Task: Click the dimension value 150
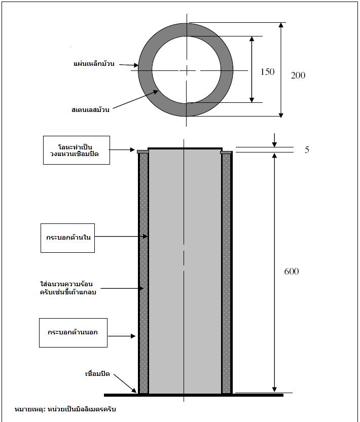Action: [267, 72]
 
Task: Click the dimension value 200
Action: [298, 75]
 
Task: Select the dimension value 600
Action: [291, 272]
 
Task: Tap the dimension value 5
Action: [307, 150]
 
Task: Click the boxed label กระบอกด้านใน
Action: [68, 237]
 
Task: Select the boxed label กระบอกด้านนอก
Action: [73, 332]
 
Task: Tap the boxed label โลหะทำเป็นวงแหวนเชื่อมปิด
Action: [76, 149]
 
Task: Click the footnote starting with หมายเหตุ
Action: [65, 409]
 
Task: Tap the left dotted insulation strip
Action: [143, 274]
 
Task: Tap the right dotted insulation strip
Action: [226, 274]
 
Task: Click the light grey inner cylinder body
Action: [185, 274]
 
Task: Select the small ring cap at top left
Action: [142, 151]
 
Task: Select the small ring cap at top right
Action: [226, 151]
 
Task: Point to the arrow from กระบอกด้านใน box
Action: [122, 237]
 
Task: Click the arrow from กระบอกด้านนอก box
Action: [122, 335]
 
